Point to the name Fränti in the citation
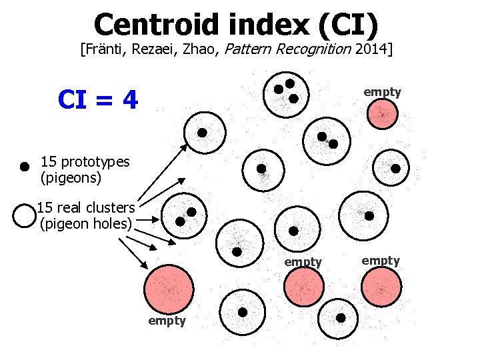[104, 49]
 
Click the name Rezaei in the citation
[153, 49]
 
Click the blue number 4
[130, 100]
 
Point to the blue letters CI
[75, 100]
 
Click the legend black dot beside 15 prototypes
[24, 165]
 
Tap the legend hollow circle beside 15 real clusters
[24, 215]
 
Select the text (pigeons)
[71, 178]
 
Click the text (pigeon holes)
[86, 223]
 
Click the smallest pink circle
[383, 114]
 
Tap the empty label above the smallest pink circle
[382, 92]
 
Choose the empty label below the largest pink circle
[167, 321]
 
